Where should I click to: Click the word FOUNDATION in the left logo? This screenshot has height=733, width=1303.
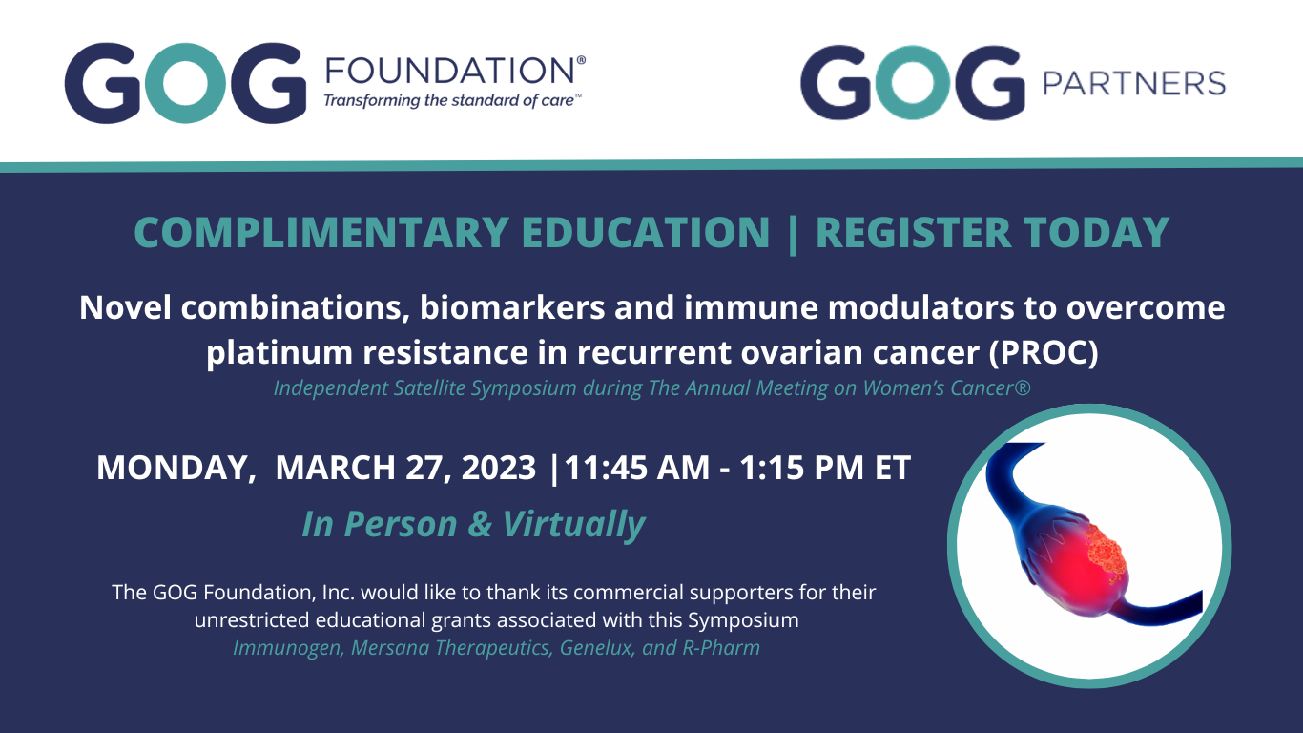coord(450,71)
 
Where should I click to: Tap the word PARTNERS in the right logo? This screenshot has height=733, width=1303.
coord(1134,83)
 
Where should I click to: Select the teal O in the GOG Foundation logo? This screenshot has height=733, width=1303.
coord(185,83)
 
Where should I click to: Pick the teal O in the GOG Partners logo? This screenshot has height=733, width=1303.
coord(913,83)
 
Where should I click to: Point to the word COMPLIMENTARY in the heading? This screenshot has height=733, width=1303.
coord(321,232)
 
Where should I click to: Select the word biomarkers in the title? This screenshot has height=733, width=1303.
coord(512,307)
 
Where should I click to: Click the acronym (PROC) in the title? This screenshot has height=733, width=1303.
coord(1044,352)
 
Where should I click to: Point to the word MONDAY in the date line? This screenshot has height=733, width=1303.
coord(176,468)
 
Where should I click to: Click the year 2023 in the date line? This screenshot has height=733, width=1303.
coord(499,468)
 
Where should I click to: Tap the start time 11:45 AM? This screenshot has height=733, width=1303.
coord(637,468)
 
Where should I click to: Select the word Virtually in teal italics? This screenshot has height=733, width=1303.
coord(573,524)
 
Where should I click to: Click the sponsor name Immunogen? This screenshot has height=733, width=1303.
coord(287,648)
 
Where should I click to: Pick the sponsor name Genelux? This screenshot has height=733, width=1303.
coord(595,648)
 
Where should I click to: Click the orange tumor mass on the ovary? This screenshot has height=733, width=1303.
coord(1107,555)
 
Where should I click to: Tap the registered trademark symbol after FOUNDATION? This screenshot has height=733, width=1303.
coord(581,60)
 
